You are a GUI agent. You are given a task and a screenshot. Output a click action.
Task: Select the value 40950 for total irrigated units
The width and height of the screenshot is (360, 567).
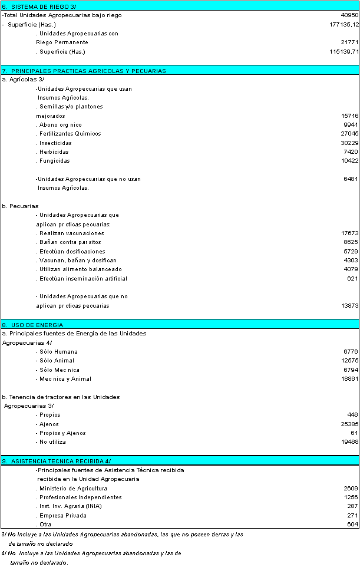(349, 15)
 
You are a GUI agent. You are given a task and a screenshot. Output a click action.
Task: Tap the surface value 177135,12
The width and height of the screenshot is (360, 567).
(344, 24)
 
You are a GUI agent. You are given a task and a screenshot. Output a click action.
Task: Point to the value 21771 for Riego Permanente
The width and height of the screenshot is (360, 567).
(349, 42)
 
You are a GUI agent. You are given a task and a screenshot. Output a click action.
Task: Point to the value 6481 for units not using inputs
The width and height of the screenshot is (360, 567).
(351, 179)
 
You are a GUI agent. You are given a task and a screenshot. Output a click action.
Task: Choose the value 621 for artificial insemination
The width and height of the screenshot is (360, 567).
(352, 278)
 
